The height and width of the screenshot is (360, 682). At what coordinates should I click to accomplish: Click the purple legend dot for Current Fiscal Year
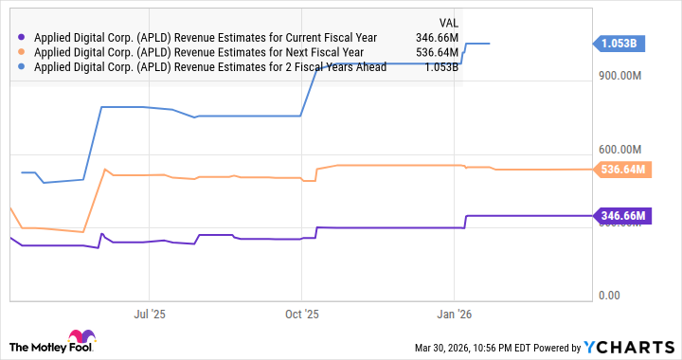pyautogui.click(x=22, y=38)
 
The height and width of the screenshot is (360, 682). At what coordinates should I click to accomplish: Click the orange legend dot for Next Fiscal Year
pyautogui.click(x=22, y=53)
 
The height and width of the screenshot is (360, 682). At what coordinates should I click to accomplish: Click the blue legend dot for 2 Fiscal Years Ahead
pyautogui.click(x=22, y=68)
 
